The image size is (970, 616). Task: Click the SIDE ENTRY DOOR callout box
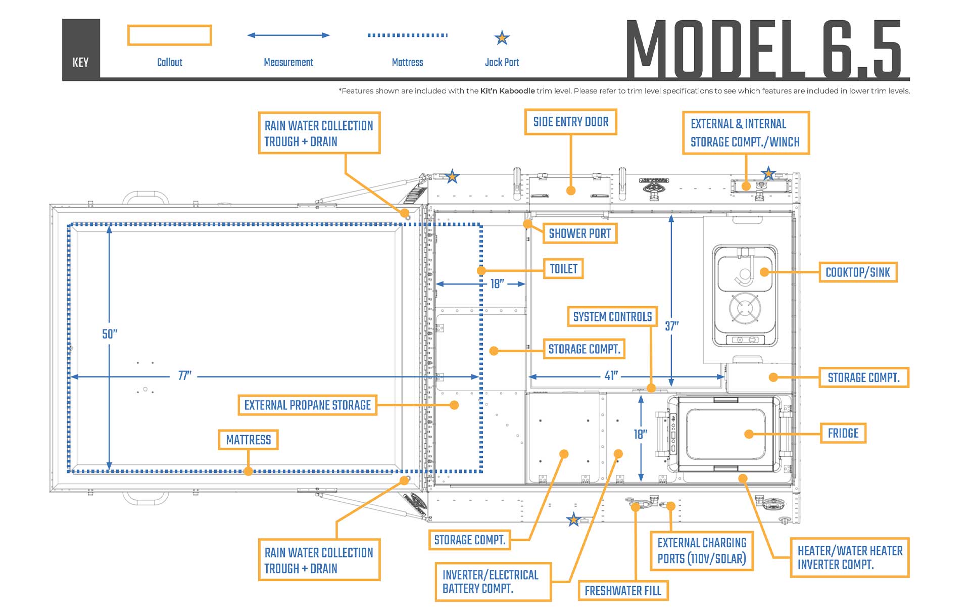coord(570,122)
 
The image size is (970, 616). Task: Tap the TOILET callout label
coord(563,269)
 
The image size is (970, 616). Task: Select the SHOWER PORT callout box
coord(579,233)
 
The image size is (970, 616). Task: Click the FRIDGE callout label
coord(843,433)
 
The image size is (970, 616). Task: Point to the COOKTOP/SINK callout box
coord(857,272)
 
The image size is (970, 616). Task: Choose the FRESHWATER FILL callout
coord(622,590)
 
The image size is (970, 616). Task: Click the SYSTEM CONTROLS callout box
coord(612,317)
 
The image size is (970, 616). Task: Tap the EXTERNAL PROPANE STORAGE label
coord(307,405)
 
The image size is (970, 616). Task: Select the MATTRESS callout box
coord(248,440)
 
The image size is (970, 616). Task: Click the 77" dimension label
coord(184,376)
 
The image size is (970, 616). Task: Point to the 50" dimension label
coord(110,334)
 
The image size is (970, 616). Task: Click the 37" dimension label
coord(671,326)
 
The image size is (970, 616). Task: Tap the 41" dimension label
coord(611,376)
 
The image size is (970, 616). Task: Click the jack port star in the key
coord(502,37)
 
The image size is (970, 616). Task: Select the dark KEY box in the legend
coord(81,49)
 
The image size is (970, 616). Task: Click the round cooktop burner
coord(745,308)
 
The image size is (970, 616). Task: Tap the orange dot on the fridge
coord(749,434)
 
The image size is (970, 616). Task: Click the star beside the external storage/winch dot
coord(768,173)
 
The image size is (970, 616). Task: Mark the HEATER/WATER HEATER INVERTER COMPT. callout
coord(849,557)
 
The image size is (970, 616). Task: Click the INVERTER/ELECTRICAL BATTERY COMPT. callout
coord(493,582)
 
